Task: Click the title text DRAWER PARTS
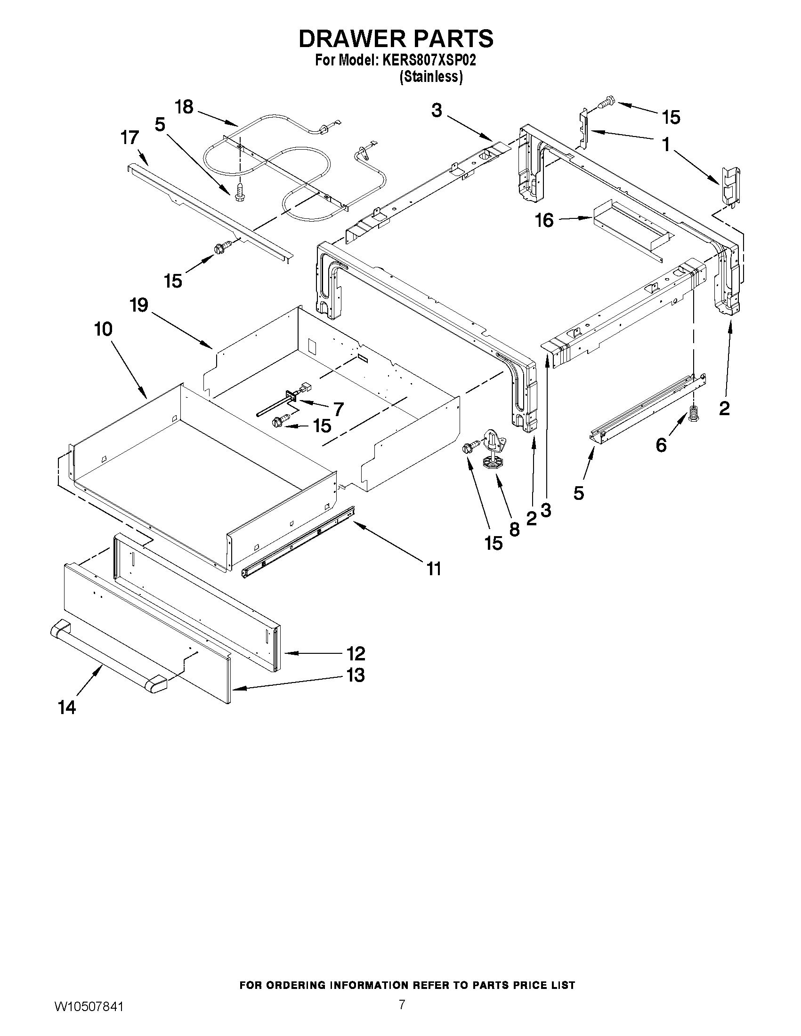[x=396, y=39]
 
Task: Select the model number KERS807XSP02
[x=425, y=61]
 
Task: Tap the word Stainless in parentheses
[x=431, y=76]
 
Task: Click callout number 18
[x=184, y=107]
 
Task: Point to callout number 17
[x=129, y=138]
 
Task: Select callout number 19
[x=139, y=305]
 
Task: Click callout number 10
[x=103, y=329]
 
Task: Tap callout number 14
[x=67, y=708]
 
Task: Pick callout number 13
[x=356, y=675]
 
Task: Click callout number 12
[x=356, y=653]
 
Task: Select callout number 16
[x=544, y=220]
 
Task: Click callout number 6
[x=661, y=445]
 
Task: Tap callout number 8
[x=514, y=530]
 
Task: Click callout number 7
[x=338, y=409]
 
